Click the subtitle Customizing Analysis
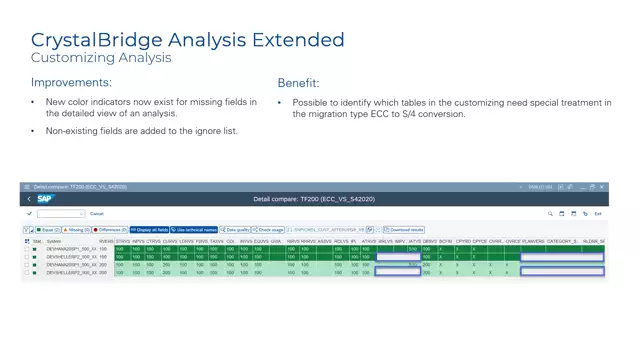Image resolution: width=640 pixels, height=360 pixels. [100, 58]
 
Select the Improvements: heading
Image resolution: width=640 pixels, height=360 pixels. [71, 82]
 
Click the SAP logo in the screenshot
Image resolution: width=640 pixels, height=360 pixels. [45, 199]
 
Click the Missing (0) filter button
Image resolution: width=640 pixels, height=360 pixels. [74, 230]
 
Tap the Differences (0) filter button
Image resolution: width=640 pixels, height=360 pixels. [110, 230]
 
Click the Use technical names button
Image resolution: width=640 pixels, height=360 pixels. [194, 230]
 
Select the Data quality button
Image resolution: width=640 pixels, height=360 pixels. [236, 230]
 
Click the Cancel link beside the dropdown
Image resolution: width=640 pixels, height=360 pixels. [97, 213]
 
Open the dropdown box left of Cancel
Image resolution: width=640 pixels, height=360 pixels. [60, 213]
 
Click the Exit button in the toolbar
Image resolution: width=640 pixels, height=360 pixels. [598, 213]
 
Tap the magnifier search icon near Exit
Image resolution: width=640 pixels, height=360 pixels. [550, 213]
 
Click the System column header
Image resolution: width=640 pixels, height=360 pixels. [53, 241]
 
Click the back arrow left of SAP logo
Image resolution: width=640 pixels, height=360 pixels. [28, 199]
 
